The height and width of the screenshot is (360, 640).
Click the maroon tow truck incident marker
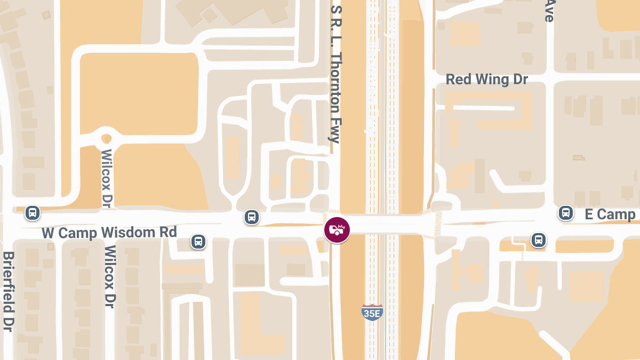(x=337, y=230)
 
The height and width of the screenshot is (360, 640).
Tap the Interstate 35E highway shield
(x=372, y=312)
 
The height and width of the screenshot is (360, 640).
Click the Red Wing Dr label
(x=486, y=79)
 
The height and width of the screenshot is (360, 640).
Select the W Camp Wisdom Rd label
(x=109, y=233)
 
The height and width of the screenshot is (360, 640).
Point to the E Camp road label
(x=610, y=214)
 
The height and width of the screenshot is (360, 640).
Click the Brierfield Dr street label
(x=8, y=291)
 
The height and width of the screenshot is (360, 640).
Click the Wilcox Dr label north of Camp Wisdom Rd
(x=106, y=179)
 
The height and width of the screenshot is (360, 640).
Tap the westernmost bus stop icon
(x=33, y=213)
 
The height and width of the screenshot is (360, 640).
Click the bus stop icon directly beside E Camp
(x=565, y=213)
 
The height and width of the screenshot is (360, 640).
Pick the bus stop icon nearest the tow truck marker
(x=252, y=217)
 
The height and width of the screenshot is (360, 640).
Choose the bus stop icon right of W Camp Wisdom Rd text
(x=198, y=242)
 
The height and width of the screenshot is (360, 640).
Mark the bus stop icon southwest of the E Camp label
(x=539, y=239)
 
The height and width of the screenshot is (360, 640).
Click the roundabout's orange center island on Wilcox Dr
(x=106, y=139)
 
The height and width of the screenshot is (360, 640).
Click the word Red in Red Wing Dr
(x=458, y=79)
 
